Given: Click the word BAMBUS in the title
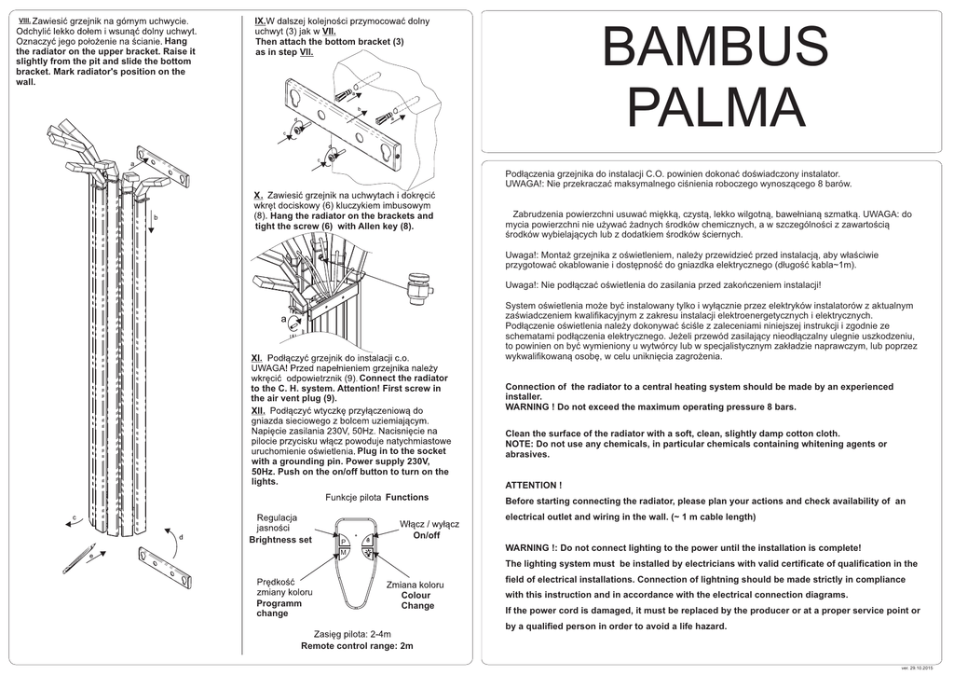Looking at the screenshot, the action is click(715, 48).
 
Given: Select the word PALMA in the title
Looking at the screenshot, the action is click(715, 107).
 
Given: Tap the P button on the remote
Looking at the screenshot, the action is click(344, 542).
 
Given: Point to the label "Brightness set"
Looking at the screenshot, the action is click(280, 540).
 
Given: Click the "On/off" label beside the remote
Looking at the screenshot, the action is click(426, 535).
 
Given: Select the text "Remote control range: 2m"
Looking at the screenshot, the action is click(357, 645).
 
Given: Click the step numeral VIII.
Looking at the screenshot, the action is click(24, 19).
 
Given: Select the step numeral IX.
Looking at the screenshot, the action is click(260, 20).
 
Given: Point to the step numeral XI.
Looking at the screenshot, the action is click(257, 358).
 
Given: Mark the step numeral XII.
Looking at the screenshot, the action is click(258, 410).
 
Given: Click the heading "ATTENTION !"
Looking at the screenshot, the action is click(533, 485).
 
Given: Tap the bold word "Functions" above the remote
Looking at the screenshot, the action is click(406, 498).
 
